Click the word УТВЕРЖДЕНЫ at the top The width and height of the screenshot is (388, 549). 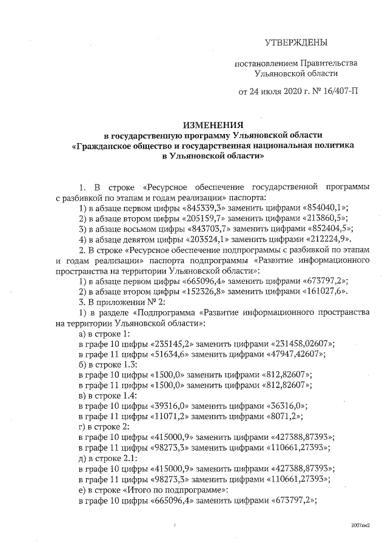[x=296, y=42]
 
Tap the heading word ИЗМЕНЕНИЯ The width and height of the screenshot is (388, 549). [x=209, y=124]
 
